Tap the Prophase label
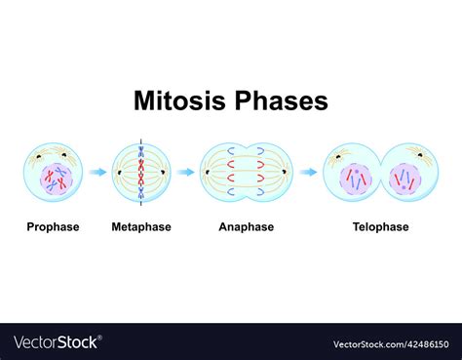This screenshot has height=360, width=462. click(x=53, y=227)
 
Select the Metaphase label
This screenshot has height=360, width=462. click(x=141, y=227)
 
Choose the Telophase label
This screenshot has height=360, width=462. click(x=380, y=227)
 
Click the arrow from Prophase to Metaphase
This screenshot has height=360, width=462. click(x=97, y=173)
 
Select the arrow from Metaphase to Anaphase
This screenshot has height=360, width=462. click(x=185, y=173)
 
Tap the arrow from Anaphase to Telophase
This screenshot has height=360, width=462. click(x=308, y=173)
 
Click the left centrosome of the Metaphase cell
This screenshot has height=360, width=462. click(x=119, y=173)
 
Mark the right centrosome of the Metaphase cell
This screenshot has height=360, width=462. click(x=164, y=173)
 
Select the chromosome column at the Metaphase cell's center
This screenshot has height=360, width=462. click(x=141, y=173)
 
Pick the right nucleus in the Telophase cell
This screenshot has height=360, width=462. click(x=404, y=180)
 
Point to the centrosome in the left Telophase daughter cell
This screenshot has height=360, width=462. click(x=340, y=155)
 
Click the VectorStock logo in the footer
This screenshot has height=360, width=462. click(x=57, y=342)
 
